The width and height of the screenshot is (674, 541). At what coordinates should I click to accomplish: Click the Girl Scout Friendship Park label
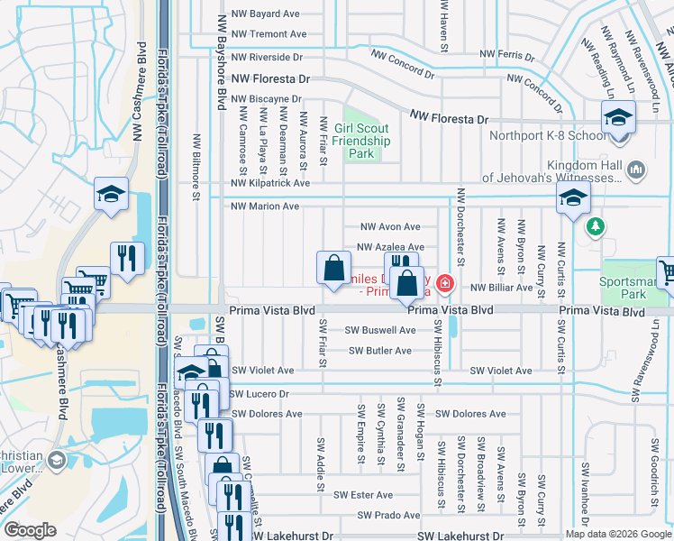click(x=361, y=142)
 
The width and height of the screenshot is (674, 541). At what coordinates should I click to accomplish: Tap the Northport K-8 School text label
click(x=548, y=137)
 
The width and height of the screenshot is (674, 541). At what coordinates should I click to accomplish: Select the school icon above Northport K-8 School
click(x=619, y=118)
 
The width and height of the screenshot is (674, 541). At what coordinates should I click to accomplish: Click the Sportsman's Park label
click(x=635, y=288)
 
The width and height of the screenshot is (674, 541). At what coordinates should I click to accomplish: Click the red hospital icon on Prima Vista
click(x=444, y=285)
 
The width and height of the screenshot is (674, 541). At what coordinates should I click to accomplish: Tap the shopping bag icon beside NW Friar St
click(x=333, y=268)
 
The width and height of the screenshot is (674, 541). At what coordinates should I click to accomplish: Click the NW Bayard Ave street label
click(x=265, y=14)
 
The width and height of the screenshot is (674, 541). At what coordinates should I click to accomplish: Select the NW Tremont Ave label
click(x=269, y=34)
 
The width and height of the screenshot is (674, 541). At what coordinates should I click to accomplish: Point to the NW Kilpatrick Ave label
click(x=269, y=183)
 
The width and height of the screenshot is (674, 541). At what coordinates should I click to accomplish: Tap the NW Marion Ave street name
click(x=265, y=206)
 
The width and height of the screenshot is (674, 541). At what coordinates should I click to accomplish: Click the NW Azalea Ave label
click(x=390, y=247)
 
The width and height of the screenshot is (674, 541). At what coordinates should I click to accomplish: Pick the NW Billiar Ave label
click(x=501, y=288)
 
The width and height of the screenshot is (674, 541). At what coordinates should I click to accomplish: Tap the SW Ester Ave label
click(x=363, y=495)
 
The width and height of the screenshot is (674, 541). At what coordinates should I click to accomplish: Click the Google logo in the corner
click(x=31, y=530)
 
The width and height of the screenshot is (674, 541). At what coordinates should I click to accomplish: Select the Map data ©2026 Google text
click(x=616, y=534)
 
